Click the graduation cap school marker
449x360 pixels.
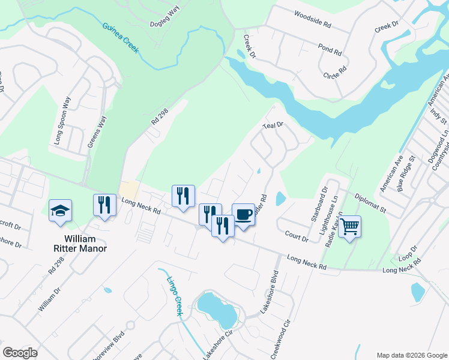60,211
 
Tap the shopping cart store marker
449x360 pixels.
349,227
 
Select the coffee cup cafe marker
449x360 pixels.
243,214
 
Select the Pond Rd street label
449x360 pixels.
330,50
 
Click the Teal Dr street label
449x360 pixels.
273,126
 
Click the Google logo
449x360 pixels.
20,353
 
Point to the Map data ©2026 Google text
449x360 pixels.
411,355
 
